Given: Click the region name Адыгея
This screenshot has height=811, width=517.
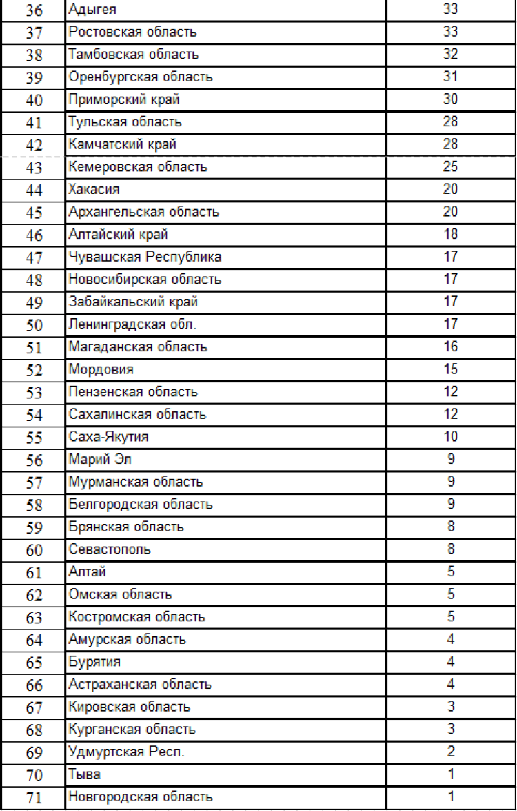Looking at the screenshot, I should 92,10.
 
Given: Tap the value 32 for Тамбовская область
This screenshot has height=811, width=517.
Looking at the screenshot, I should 450,55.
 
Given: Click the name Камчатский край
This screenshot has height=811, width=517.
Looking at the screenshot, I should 123,145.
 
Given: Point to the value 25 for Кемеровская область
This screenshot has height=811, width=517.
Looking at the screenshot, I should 450,167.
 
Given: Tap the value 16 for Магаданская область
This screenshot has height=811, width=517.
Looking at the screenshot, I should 450,347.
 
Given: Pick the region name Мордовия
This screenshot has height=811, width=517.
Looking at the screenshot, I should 101,369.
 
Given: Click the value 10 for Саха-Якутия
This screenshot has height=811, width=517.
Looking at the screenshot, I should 450,437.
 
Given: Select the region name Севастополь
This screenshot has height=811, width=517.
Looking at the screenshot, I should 110,549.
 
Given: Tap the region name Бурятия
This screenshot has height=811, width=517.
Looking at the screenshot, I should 94,662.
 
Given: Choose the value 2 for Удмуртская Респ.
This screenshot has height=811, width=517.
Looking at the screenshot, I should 450,752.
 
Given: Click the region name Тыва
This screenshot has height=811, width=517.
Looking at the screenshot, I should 85,774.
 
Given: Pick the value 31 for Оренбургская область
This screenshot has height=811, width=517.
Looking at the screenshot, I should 450,77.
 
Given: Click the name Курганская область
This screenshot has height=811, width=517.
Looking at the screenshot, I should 132,730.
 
